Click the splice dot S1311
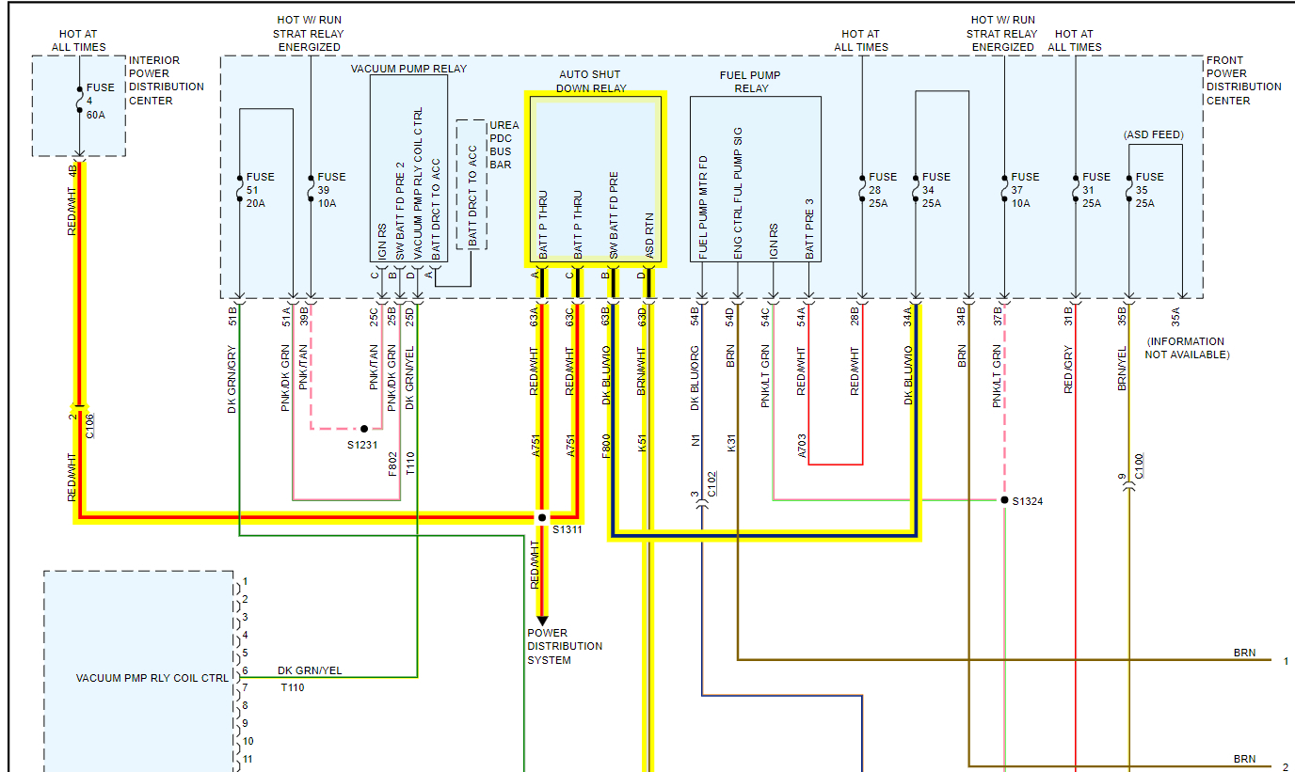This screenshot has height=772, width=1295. click(542, 517)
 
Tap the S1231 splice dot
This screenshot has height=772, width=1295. click(364, 428)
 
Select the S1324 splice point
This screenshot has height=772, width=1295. click(1004, 500)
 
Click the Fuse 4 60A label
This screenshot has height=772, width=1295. click(100, 102)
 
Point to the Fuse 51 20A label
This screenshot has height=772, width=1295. click(260, 191)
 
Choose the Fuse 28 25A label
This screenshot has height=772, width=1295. click(882, 191)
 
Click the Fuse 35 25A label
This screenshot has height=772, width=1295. click(1149, 191)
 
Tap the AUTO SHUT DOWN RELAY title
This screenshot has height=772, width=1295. click(590, 82)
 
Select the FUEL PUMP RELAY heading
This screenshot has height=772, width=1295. click(750, 82)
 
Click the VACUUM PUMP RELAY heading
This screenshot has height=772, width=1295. click(408, 69)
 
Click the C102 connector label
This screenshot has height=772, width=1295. click(711, 483)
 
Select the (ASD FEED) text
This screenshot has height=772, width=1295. click(1153, 134)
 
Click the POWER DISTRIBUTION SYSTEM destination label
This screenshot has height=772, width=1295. click(564, 647)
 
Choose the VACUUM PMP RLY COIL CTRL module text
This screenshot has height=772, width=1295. click(152, 678)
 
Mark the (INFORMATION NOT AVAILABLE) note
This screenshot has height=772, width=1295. click(1186, 348)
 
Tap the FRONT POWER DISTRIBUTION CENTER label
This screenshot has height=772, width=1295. click(1243, 80)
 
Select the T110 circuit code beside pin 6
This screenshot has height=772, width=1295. click(292, 687)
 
